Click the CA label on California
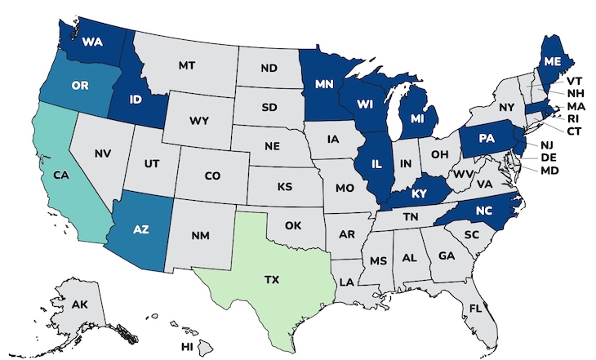pyautogui.click(x=60, y=175)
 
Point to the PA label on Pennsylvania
pyautogui.click(x=487, y=138)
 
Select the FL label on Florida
pyautogui.click(x=497, y=309)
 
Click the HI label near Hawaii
pyautogui.click(x=187, y=347)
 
